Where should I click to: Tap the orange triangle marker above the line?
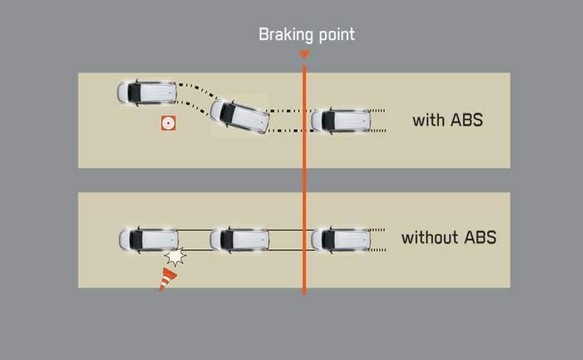pos(304,56)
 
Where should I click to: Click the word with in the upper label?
pos(429,120)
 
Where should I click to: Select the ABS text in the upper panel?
pos(466,120)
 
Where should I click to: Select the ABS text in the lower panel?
pos(480,237)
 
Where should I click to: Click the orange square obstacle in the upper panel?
pos(168,123)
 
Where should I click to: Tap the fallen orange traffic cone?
pos(168,278)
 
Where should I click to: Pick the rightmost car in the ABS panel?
pos(340,120)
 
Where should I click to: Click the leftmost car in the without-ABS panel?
pos(148,239)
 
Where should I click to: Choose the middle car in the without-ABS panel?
pos(238,239)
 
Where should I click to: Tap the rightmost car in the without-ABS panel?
pos(340,239)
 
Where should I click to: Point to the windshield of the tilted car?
pos(228,112)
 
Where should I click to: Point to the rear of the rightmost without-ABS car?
pos(365,239)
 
